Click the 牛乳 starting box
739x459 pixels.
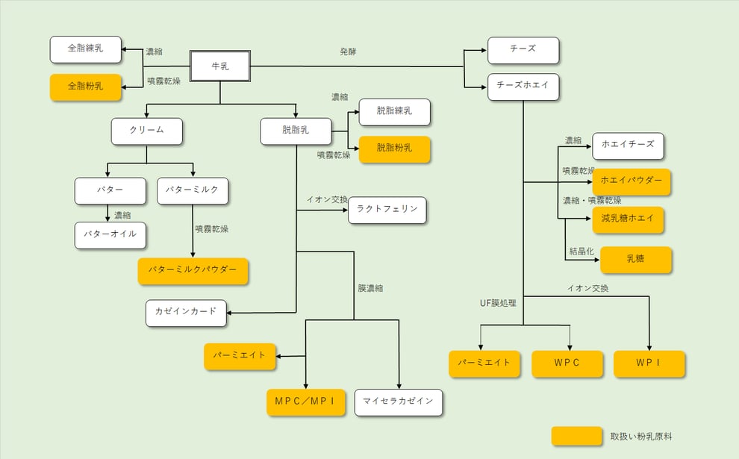[220, 66]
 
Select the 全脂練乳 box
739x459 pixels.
[86, 49]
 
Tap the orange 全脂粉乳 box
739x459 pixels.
[86, 87]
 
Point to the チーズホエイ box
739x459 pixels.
[523, 86]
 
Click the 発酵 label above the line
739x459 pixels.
[349, 52]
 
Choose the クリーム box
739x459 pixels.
[146, 131]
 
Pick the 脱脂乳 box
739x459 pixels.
[296, 131]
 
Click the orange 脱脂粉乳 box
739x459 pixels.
[394, 149]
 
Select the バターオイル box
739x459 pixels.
[110, 234]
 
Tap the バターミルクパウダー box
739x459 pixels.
[193, 270]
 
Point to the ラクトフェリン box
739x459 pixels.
[387, 210]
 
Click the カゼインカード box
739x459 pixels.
[186, 312]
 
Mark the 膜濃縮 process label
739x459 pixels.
[370, 288]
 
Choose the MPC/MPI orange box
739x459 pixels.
[306, 402]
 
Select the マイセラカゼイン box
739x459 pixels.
[398, 402]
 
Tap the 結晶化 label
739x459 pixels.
[581, 252]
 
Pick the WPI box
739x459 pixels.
[649, 363]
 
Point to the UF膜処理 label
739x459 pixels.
[498, 303]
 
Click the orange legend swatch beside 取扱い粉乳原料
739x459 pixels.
[576, 436]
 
